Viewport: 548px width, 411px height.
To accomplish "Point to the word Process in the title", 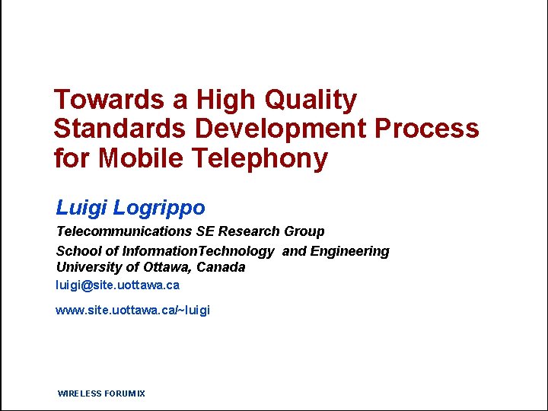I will coord(427,129).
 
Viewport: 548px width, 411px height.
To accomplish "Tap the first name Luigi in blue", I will coord(81,207).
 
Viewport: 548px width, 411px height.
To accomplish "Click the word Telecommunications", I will coord(124,231).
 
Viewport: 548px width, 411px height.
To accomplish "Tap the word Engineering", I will coord(349,251).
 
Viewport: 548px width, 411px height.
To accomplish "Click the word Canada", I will coord(221,267).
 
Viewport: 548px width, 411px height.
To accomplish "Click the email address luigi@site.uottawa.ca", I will coord(117,285).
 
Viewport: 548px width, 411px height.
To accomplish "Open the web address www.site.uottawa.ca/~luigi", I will coord(132,311).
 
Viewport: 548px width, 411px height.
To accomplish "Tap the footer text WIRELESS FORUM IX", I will coord(101,393).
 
